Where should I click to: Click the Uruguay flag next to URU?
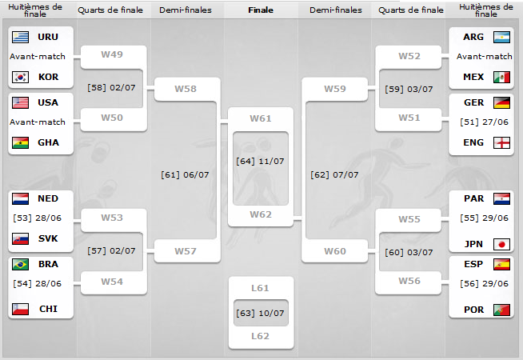tap(20, 37)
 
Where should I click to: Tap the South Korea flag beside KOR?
tap(20, 77)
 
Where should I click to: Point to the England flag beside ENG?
tap(502, 142)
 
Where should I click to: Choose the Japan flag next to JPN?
tap(502, 244)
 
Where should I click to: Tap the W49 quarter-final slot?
tap(112, 54)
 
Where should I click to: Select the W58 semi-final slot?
tap(186, 88)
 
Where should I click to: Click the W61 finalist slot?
tap(261, 118)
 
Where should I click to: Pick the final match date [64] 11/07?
tap(261, 161)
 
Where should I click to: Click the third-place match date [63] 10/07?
tap(261, 311)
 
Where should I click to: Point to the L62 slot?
tap(261, 336)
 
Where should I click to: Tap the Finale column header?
tap(261, 10)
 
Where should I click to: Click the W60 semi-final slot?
tap(335, 251)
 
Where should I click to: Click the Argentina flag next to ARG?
tap(502, 37)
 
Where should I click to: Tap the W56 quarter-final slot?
tap(409, 281)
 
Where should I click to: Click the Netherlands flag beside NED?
tap(20, 198)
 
